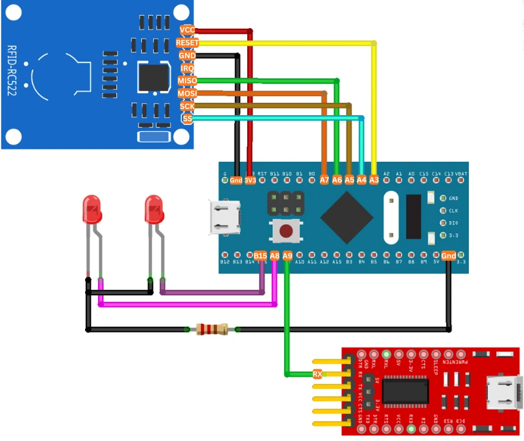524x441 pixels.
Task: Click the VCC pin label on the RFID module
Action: (x=187, y=30)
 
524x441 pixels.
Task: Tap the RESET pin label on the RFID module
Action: (x=187, y=43)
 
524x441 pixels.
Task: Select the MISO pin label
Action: (x=187, y=81)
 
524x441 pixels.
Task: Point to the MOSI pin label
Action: (x=187, y=94)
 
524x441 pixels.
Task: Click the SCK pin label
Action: (x=187, y=106)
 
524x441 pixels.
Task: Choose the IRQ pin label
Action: (x=187, y=68)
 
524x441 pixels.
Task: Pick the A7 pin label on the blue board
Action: (x=324, y=180)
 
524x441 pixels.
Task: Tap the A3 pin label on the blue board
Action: (x=374, y=180)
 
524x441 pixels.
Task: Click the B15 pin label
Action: (x=260, y=256)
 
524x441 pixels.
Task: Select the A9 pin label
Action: (x=287, y=256)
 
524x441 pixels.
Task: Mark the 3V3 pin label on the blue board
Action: (x=250, y=180)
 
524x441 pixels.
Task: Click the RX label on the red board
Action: (x=317, y=374)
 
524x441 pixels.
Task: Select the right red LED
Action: (x=154, y=209)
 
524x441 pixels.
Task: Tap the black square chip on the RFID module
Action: (x=153, y=78)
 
